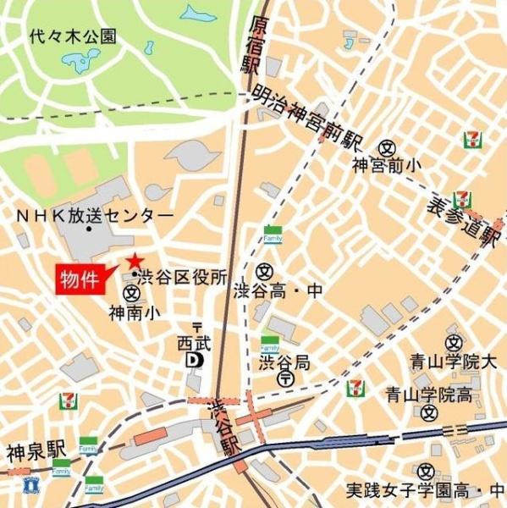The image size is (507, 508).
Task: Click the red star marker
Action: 133,261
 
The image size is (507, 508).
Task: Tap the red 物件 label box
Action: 79,279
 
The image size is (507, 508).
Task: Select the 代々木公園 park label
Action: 72,36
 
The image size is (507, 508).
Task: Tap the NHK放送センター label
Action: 94,217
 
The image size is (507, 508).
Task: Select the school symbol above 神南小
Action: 131,293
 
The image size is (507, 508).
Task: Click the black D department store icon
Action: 195,360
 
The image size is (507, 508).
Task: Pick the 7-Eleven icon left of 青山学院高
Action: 356,389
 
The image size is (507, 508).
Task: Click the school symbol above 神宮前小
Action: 388,146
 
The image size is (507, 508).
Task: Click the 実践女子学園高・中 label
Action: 425,490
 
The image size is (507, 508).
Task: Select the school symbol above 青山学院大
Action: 454,341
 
